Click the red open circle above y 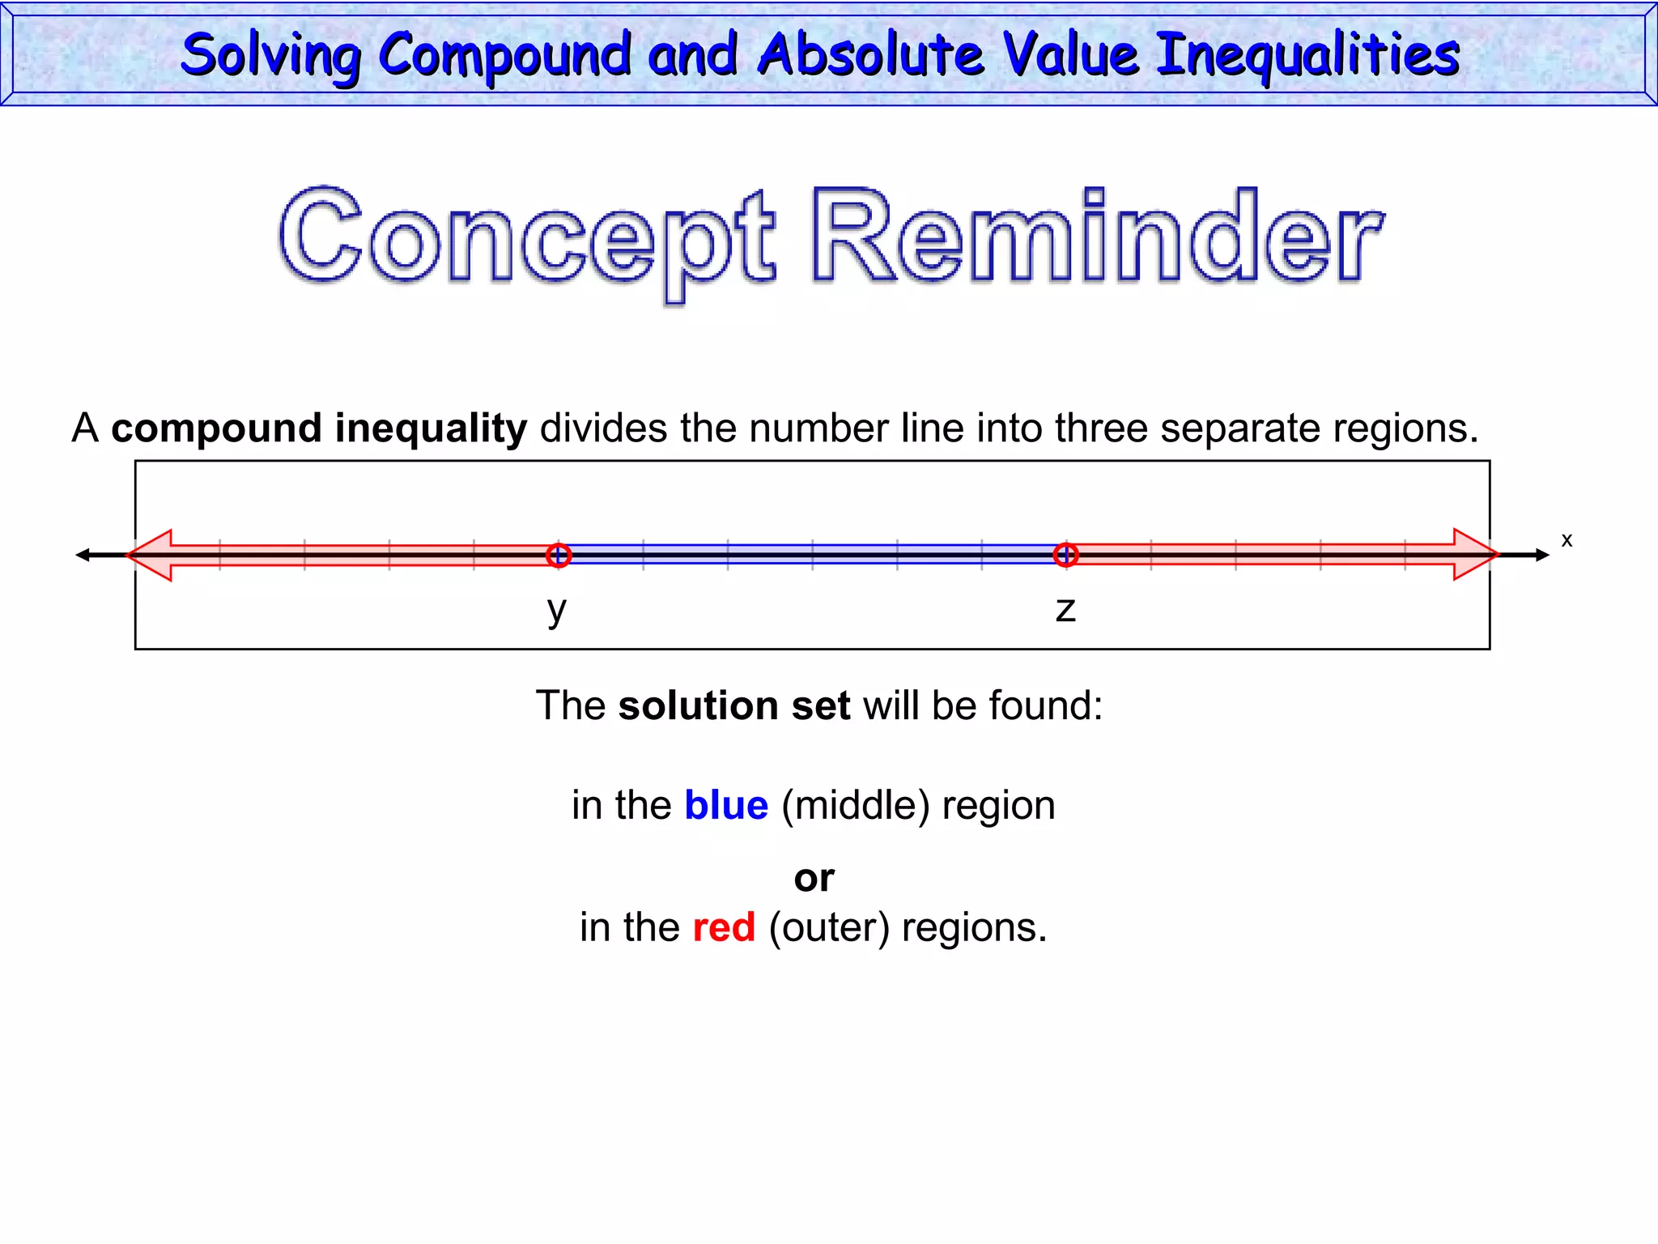[x=559, y=556]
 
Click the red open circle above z [x=1065, y=556]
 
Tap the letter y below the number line [x=557, y=609]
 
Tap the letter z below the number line [x=1065, y=610]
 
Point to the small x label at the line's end [x=1567, y=540]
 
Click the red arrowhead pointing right [x=1475, y=555]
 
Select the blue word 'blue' [x=726, y=806]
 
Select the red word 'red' [x=724, y=927]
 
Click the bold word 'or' [x=814, y=878]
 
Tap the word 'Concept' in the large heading [x=526, y=239]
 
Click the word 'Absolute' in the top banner [x=871, y=55]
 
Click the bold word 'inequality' [x=431, y=428]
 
